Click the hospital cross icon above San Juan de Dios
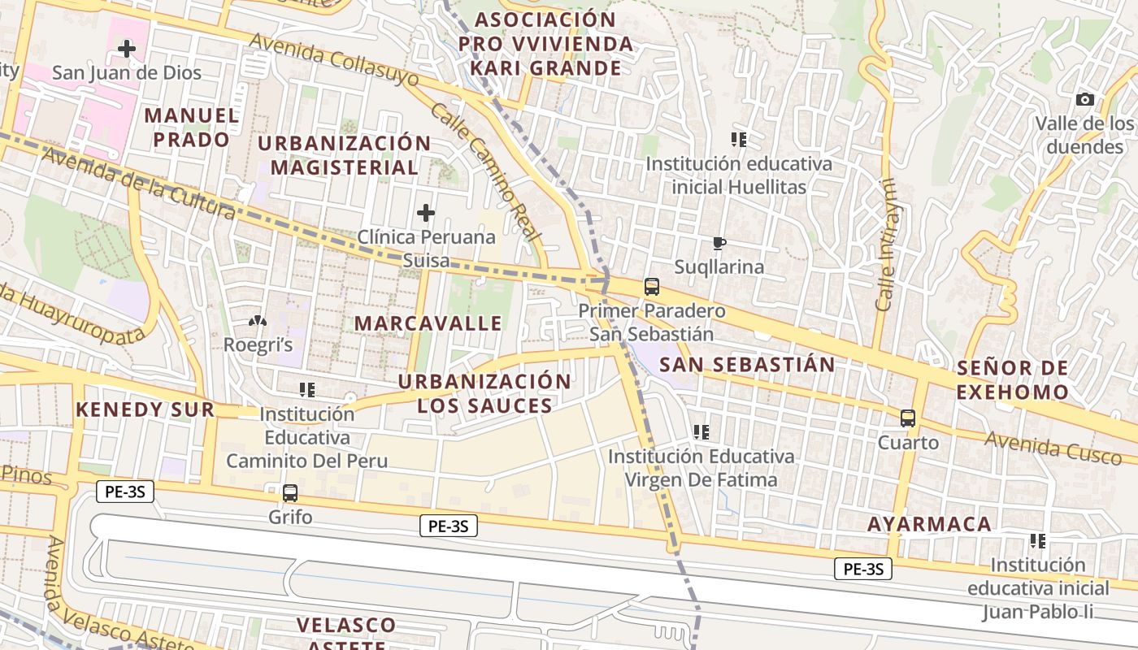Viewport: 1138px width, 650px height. [x=127, y=49]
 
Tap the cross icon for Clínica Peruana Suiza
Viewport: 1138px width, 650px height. [x=425, y=214]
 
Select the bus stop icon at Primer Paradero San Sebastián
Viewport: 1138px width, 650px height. [x=652, y=287]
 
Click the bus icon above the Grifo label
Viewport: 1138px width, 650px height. [x=289, y=492]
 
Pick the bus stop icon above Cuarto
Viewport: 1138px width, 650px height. [x=908, y=418]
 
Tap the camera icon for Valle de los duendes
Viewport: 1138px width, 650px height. [x=1084, y=100]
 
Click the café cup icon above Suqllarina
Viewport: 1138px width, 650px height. [x=719, y=243]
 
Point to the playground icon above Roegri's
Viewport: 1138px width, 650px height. [x=258, y=322]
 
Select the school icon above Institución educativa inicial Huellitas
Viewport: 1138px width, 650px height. [x=738, y=140]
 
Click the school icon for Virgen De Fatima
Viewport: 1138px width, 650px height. [x=701, y=432]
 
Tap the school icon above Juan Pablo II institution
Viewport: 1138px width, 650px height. [x=1037, y=541]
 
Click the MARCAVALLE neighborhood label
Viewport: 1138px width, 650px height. [x=428, y=323]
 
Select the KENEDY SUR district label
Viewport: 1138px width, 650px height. [x=145, y=409]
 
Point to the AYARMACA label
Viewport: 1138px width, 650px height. [x=929, y=524]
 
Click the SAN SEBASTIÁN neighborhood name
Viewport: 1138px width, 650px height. [x=747, y=365]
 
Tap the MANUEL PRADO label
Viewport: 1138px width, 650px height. [x=192, y=128]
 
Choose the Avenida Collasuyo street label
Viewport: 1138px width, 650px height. [x=334, y=60]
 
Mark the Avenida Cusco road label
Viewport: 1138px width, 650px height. [x=1053, y=448]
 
